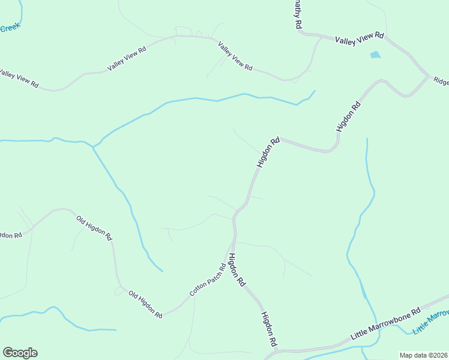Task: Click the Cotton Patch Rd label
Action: [x=207, y=280]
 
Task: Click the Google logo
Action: [x=20, y=353]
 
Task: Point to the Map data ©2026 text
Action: [x=423, y=355]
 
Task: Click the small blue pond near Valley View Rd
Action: [x=375, y=55]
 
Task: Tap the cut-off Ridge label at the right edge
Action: [x=441, y=81]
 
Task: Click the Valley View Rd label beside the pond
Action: [x=359, y=39]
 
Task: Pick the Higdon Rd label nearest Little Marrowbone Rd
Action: [x=268, y=329]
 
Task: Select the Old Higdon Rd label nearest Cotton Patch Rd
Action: [x=145, y=304]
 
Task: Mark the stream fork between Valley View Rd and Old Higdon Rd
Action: [x=93, y=146]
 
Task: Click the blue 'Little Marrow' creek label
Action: [x=430, y=323]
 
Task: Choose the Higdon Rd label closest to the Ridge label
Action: [x=349, y=116]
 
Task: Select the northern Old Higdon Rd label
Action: [x=94, y=227]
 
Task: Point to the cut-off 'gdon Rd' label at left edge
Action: [x=11, y=235]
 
